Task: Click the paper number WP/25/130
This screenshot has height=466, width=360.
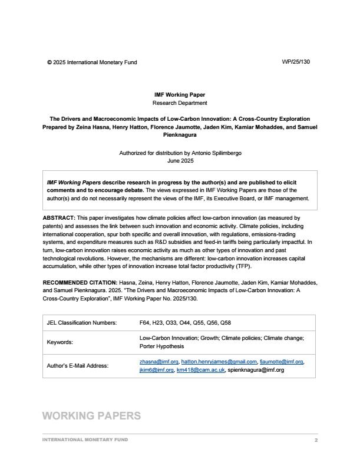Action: [x=296, y=62]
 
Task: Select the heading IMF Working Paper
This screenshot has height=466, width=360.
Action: [x=180, y=95]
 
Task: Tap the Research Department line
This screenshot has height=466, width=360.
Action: [x=180, y=103]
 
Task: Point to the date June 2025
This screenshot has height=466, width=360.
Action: [x=180, y=160]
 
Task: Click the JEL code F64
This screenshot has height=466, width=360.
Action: [x=145, y=323]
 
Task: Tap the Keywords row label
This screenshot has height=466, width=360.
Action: [x=60, y=342]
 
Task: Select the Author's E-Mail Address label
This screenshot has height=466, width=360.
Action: [x=77, y=366]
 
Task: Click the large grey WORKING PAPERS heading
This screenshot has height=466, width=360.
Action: [x=91, y=416]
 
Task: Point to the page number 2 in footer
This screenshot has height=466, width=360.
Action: [x=316, y=440]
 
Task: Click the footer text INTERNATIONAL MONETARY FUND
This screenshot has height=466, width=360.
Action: [x=85, y=440]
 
